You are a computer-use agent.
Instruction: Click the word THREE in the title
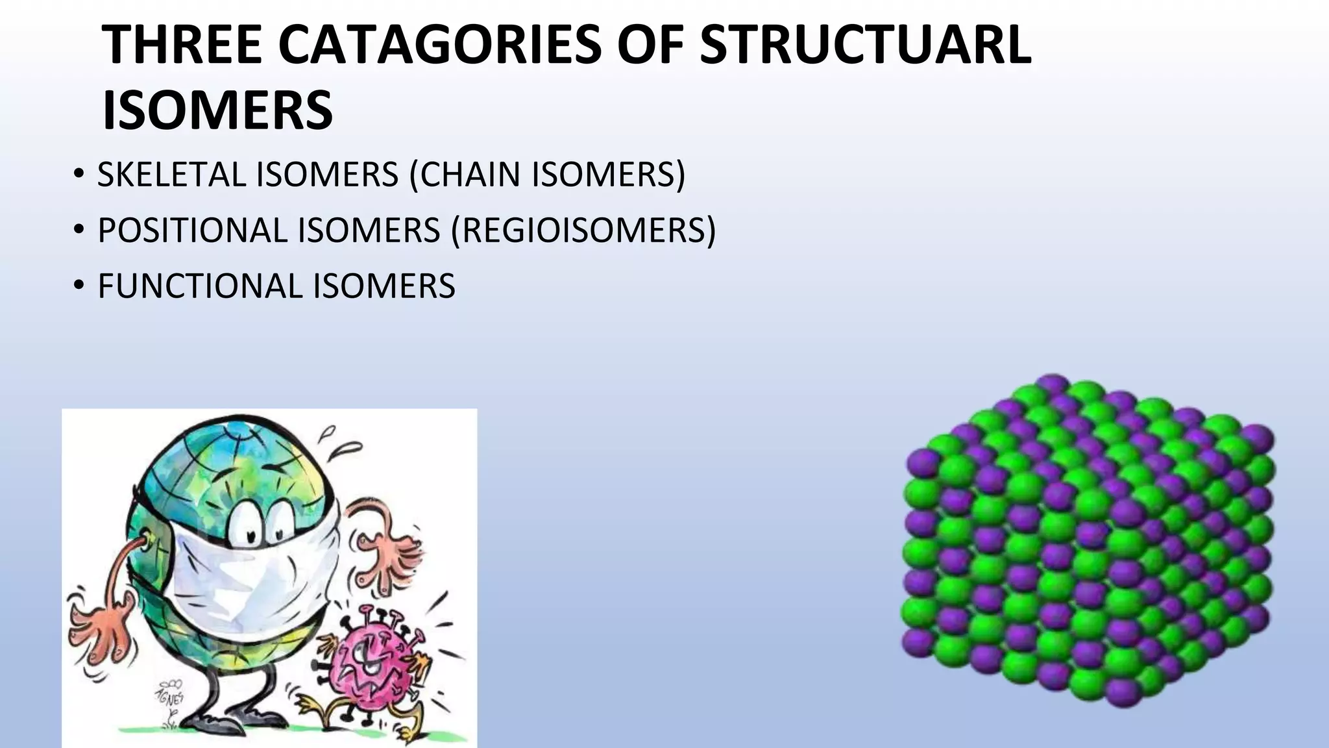[182, 45]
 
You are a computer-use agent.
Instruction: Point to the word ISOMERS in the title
[218, 110]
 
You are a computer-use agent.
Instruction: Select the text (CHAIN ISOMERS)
[547, 175]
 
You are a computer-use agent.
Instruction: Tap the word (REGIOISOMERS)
[583, 231]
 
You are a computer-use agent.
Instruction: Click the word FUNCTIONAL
[201, 286]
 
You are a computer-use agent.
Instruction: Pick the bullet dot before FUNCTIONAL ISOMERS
[79, 286]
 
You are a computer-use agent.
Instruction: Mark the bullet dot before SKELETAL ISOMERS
[79, 174]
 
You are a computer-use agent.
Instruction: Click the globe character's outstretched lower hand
[97, 623]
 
